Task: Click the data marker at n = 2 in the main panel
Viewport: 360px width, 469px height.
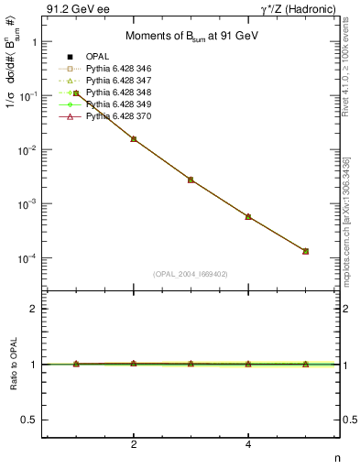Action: [134, 139]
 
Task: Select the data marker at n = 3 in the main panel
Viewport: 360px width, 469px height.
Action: [191, 180]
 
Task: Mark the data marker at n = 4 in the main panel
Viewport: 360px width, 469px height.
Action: [248, 216]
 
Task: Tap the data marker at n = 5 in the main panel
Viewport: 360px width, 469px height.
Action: [305, 251]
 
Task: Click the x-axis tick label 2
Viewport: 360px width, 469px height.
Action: [134, 445]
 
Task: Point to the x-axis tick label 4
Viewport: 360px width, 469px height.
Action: [248, 445]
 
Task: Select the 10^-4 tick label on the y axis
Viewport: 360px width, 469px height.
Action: [26, 258]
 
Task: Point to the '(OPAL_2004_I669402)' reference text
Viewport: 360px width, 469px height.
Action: [191, 274]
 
